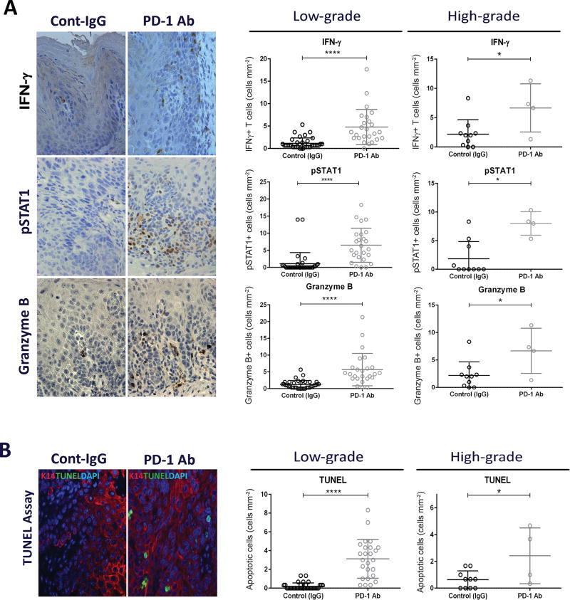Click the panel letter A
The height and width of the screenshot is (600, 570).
(10, 8)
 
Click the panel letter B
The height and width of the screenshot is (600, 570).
(6, 450)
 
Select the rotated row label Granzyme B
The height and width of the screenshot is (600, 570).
(24, 337)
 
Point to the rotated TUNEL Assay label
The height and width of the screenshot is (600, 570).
(28, 527)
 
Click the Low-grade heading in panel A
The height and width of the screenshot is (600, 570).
(327, 16)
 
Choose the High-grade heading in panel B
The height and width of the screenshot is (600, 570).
(487, 457)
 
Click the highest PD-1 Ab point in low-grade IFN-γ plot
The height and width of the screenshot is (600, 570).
(367, 69)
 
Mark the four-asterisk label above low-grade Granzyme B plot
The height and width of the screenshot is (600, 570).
(329, 298)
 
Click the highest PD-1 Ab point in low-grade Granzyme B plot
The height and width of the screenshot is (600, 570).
(362, 317)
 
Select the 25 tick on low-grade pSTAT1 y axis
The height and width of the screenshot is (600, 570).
(263, 181)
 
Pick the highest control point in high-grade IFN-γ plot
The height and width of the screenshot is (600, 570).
(468, 98)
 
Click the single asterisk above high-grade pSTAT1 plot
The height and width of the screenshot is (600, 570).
(498, 179)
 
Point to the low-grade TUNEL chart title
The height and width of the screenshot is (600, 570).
(333, 480)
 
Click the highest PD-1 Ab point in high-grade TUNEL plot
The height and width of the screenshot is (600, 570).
(530, 526)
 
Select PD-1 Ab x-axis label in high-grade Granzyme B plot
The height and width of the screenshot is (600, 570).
(531, 394)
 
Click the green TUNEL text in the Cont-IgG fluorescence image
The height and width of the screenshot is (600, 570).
(68, 476)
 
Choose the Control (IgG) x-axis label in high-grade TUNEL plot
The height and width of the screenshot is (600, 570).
(467, 596)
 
